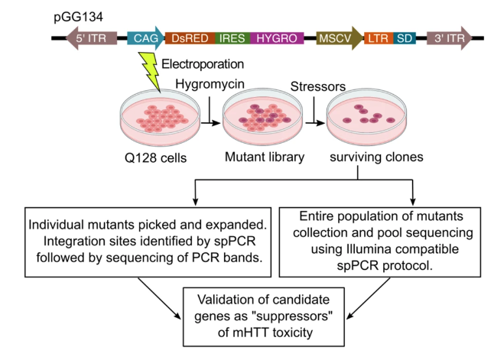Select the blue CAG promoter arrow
146,37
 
